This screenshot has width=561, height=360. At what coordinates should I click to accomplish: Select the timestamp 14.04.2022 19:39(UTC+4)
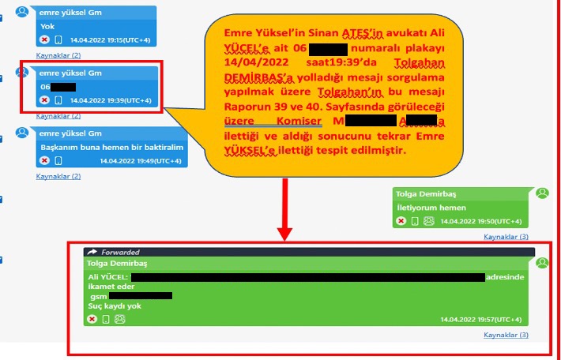click(110, 100)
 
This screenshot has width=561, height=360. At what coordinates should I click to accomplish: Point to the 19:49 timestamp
click(127, 160)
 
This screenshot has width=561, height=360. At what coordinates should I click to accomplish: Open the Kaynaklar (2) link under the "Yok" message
click(58, 55)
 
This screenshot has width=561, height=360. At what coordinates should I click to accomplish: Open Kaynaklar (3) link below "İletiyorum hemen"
click(506, 236)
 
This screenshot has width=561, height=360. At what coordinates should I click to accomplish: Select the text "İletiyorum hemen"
click(426, 208)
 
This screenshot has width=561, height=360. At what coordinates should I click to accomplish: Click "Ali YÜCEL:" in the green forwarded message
click(108, 277)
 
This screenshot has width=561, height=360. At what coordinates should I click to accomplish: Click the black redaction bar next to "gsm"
click(141, 296)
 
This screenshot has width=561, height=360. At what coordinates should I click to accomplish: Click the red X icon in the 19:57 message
click(92, 319)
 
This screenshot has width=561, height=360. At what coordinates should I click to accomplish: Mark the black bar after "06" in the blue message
click(63, 87)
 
